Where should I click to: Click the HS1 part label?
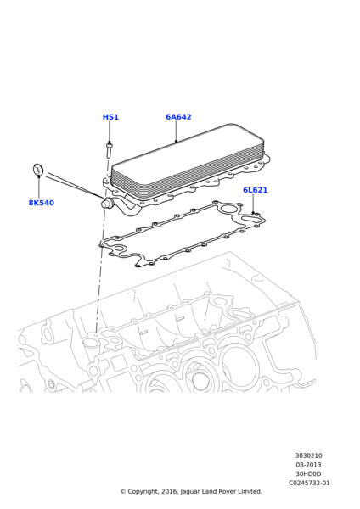point(110,118)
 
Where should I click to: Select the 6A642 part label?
point(178,118)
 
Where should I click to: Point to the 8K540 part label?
point(41,204)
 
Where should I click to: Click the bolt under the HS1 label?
point(110,151)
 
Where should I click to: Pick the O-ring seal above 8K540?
point(38,171)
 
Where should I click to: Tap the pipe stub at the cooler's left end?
point(108,203)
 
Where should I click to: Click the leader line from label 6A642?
point(177,132)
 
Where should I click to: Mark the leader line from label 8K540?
point(39,188)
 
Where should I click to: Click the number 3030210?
point(309,456)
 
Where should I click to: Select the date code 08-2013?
point(309,465)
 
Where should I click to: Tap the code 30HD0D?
point(309,473)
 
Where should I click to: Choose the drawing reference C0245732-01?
point(309,483)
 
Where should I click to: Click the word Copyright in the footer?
point(146,491)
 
